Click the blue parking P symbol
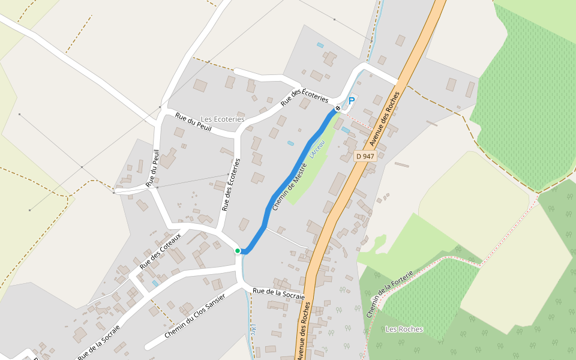click(352, 101)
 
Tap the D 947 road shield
click(365, 156)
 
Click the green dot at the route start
click(238, 251)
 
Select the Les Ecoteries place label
click(223, 119)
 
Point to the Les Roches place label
click(404, 329)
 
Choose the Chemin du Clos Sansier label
click(194, 316)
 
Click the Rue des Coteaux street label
click(160, 250)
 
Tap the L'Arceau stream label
click(316, 149)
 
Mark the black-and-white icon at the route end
click(338, 108)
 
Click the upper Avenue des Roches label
click(384, 119)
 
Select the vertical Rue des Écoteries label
click(231, 185)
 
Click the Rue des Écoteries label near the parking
click(305, 95)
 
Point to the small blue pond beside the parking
click(345, 130)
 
